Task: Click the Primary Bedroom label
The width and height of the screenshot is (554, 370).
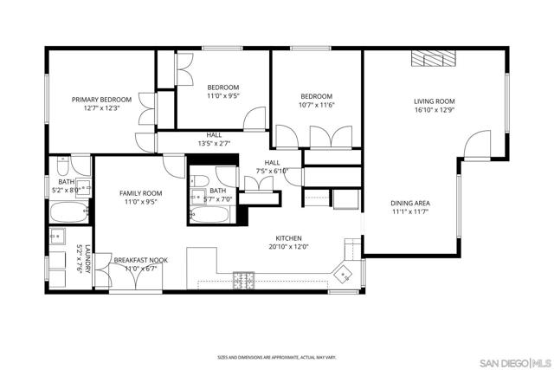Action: click(x=101, y=100)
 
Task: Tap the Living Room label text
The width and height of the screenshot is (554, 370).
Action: click(x=434, y=101)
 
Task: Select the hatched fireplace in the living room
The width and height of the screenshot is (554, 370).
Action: click(x=433, y=58)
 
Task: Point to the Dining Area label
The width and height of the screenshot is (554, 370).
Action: click(x=410, y=203)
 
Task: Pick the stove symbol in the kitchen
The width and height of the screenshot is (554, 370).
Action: click(x=242, y=279)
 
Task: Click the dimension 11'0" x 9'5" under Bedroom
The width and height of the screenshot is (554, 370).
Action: click(x=222, y=96)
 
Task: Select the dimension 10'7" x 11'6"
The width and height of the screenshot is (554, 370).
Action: click(x=317, y=105)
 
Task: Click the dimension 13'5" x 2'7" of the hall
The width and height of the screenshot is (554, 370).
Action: click(x=215, y=143)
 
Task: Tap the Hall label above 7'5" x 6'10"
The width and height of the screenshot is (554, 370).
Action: click(x=272, y=162)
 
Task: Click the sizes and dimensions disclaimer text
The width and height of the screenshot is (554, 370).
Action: click(x=276, y=357)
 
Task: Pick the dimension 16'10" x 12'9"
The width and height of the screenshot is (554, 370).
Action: click(x=434, y=110)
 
